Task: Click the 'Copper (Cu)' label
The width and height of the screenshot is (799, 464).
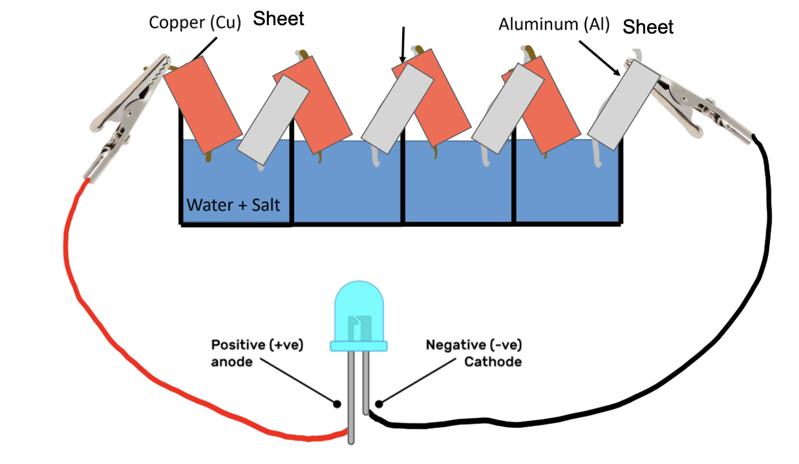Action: click(195, 23)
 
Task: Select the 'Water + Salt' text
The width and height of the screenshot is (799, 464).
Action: click(233, 205)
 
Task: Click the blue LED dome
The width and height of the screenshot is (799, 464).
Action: click(358, 310)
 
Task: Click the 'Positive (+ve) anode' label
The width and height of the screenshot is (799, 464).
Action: click(257, 353)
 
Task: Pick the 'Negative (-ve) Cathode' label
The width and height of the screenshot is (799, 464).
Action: click(474, 353)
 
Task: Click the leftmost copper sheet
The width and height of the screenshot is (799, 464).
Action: click(202, 104)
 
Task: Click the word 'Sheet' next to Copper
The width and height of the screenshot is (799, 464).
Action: click(278, 19)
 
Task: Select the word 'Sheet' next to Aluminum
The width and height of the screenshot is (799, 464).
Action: click(648, 27)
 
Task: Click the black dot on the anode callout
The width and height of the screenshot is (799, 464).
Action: click(337, 405)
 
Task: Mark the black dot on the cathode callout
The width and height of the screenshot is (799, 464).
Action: click(379, 405)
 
